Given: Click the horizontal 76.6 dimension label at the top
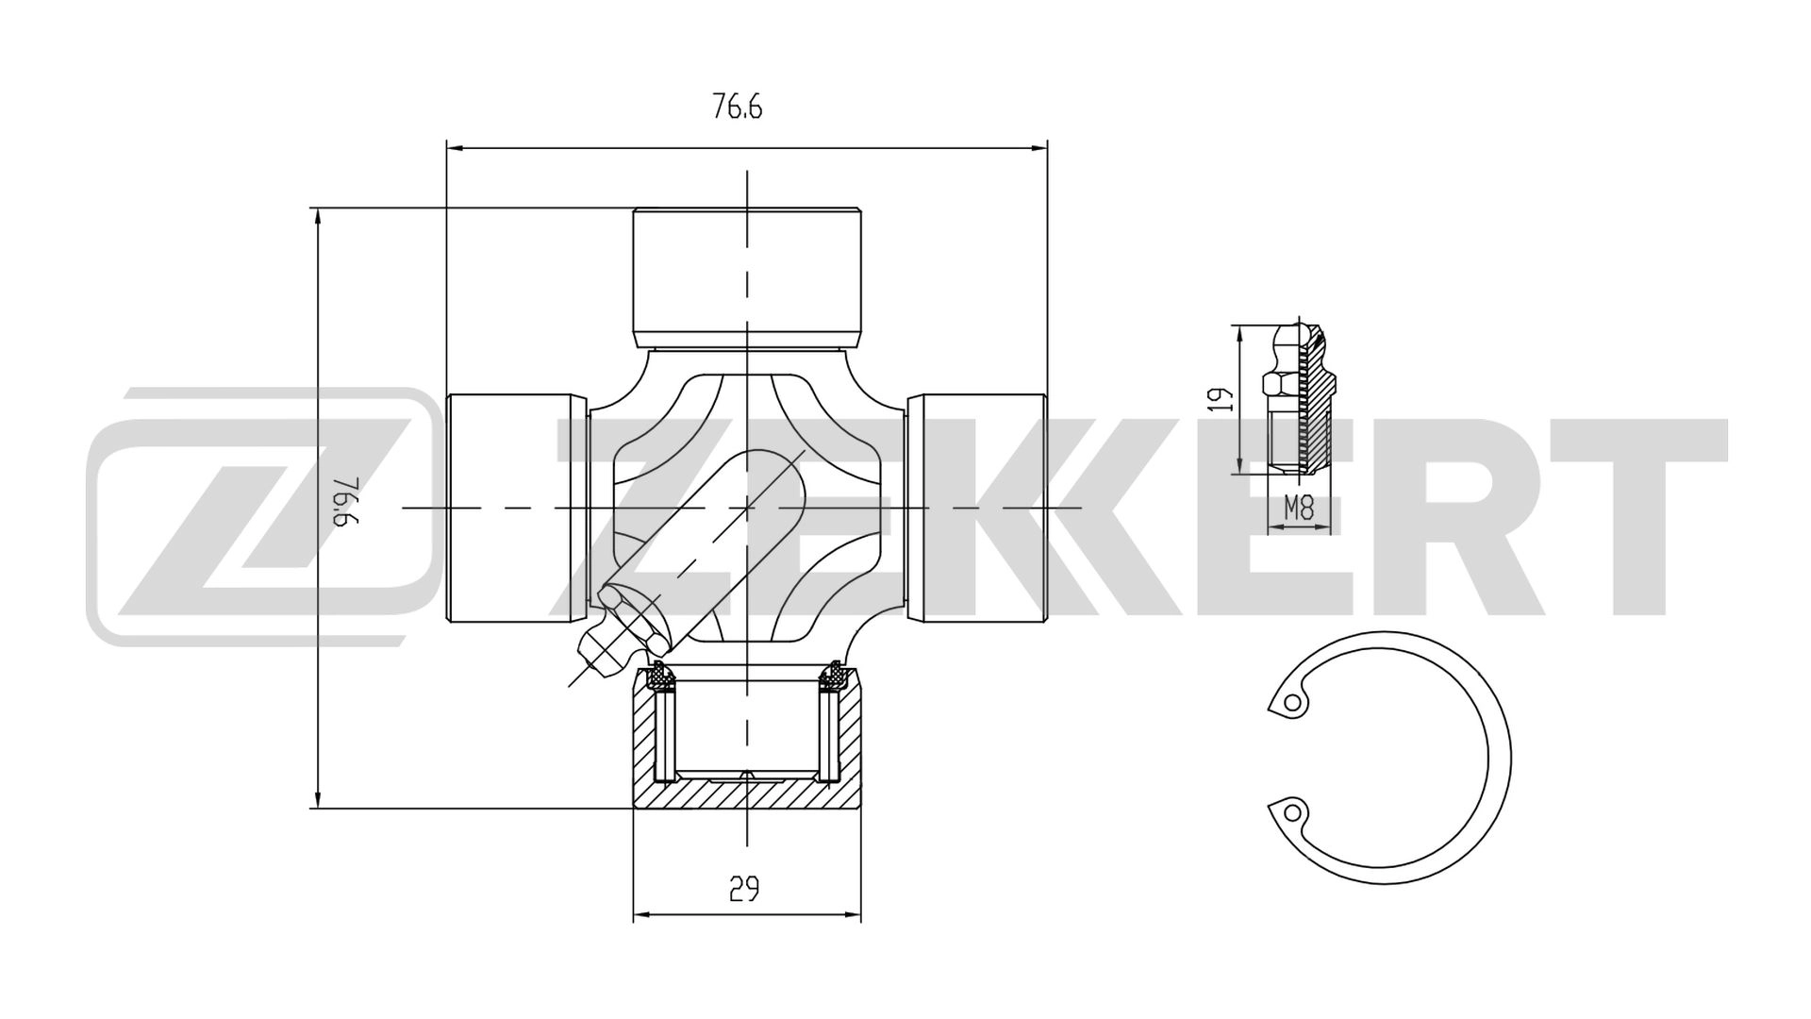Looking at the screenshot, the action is point(737,108).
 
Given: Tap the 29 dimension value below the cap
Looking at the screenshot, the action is point(744,888).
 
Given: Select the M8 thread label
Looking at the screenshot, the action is point(1299,510).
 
